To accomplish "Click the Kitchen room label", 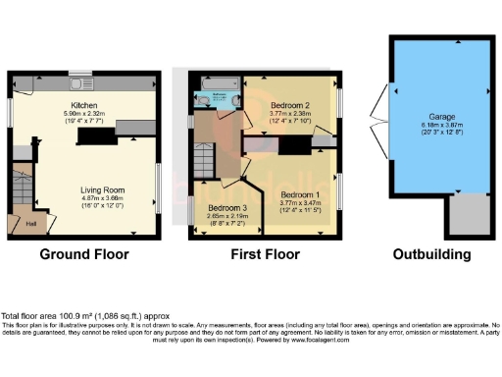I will tap(82, 105).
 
